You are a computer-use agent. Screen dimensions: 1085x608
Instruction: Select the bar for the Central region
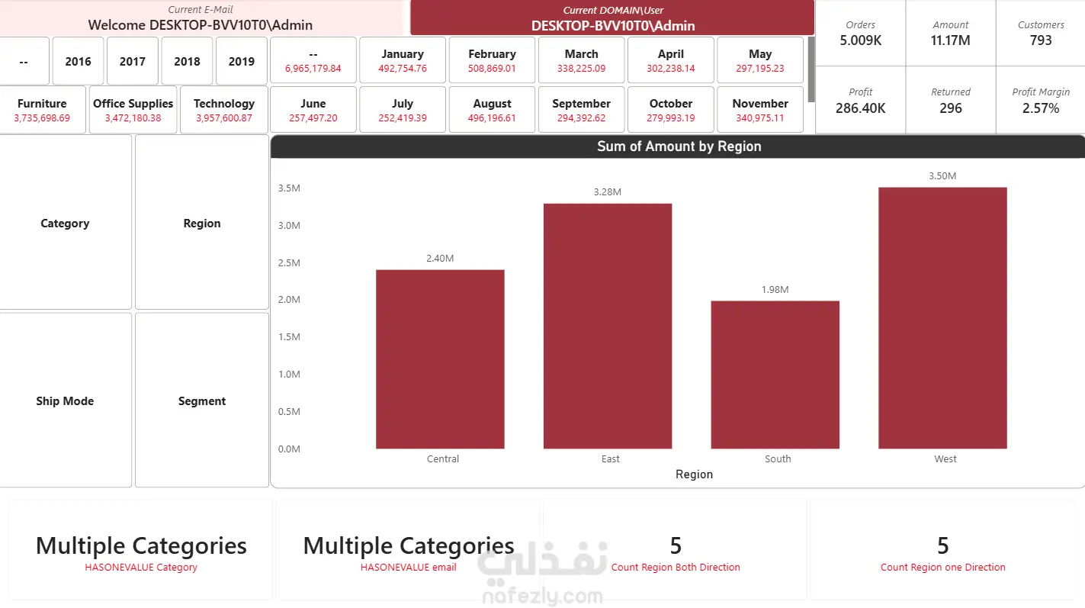pos(440,359)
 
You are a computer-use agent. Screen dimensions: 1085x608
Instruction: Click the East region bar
pos(608,326)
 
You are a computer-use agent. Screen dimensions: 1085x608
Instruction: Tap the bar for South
pos(775,375)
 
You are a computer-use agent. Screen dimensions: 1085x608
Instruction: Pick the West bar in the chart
pos(942,318)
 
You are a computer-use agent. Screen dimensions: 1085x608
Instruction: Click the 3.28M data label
pos(608,191)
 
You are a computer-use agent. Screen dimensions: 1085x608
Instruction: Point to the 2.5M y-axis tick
pos(289,262)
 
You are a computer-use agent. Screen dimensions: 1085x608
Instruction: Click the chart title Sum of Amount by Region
pos(679,146)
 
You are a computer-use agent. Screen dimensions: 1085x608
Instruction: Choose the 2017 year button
pos(132,61)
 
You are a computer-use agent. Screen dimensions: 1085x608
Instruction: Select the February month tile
pos(492,60)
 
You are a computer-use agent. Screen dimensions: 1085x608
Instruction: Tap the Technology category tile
pos(223,110)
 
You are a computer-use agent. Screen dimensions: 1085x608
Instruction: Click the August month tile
pos(492,110)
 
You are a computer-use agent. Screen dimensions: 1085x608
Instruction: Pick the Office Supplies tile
pos(133,110)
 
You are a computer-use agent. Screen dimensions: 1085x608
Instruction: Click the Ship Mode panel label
pos(65,401)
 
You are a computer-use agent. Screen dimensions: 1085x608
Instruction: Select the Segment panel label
pos(202,401)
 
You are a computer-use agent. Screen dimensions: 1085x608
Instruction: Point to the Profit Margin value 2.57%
pos(1041,108)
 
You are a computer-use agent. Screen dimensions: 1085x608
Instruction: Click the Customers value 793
pos(1041,40)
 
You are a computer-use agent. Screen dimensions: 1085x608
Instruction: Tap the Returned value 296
pos(950,108)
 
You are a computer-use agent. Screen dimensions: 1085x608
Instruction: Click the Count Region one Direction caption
pos(942,568)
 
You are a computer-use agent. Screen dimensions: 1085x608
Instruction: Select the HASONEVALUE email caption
pos(409,568)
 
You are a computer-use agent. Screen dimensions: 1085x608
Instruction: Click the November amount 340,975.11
pos(760,117)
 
